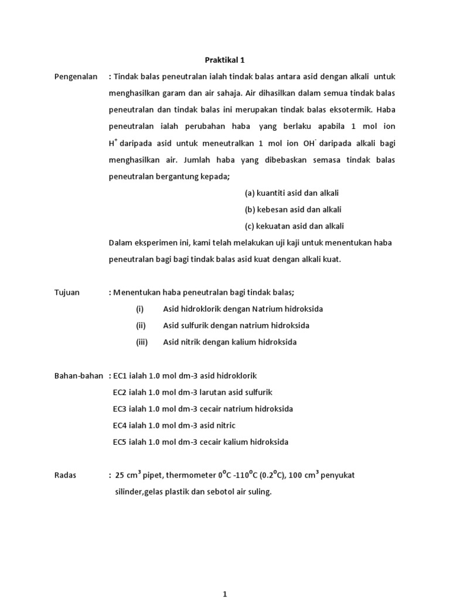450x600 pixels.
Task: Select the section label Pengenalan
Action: click(x=76, y=77)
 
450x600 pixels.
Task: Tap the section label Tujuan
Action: click(x=67, y=292)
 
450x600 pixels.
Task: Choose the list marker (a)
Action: click(x=250, y=193)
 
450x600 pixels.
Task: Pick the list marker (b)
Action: click(x=250, y=209)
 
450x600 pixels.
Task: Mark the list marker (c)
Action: click(x=249, y=226)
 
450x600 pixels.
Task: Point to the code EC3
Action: click(x=120, y=408)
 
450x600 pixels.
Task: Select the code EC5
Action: click(x=120, y=442)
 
